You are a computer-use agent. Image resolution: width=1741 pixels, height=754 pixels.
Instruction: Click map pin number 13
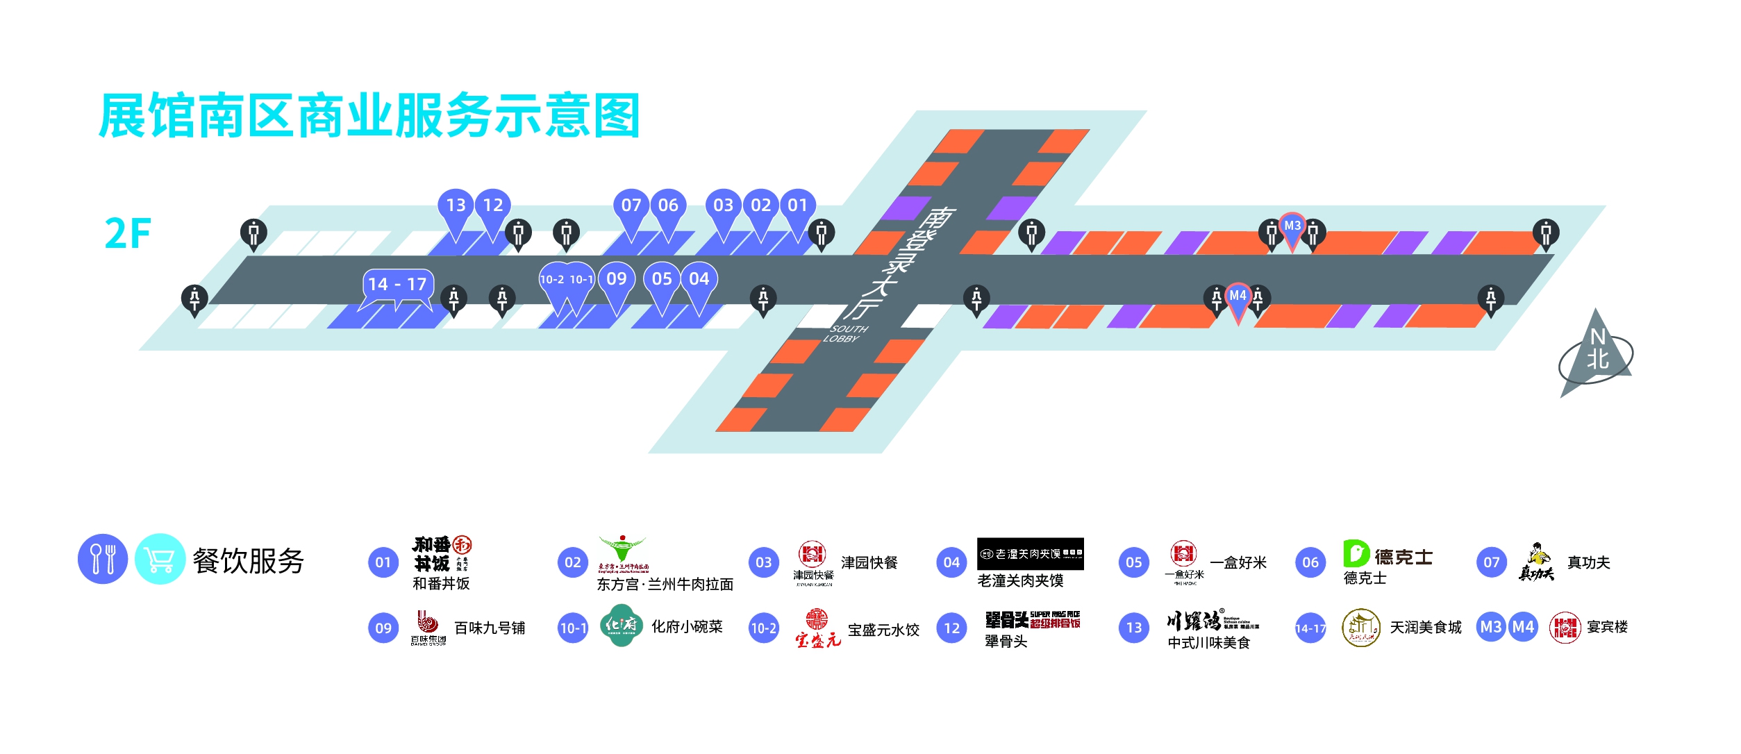click(456, 206)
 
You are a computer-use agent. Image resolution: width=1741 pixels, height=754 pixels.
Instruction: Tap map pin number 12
click(493, 206)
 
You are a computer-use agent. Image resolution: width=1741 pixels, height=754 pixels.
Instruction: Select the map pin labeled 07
click(631, 206)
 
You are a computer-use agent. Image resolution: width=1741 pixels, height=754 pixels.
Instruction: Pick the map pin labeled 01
click(797, 206)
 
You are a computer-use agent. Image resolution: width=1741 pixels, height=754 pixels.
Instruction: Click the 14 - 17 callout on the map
click(398, 285)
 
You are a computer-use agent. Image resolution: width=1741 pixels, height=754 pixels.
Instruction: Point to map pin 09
click(616, 280)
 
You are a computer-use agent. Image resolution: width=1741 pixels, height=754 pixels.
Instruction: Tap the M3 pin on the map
click(1292, 227)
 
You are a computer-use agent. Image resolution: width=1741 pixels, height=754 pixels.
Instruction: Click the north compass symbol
click(1597, 351)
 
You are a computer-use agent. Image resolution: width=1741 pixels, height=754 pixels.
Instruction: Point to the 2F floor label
click(128, 234)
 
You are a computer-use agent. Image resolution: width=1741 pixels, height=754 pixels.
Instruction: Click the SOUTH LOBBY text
click(846, 334)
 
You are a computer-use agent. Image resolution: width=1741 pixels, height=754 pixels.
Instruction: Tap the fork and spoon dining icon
click(103, 559)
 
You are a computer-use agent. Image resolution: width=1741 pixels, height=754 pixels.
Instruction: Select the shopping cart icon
click(160, 559)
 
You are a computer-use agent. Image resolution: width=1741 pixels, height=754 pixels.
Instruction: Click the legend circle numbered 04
click(951, 562)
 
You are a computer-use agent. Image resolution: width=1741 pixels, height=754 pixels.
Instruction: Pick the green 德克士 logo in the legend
click(1355, 554)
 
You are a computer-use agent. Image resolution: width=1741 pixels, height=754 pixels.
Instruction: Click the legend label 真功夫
click(1588, 562)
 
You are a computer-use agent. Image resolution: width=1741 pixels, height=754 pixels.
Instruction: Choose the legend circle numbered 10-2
click(763, 628)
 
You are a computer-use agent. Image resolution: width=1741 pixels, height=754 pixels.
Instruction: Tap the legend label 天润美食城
click(1425, 628)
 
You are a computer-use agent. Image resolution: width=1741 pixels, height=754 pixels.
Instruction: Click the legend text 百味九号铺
click(490, 628)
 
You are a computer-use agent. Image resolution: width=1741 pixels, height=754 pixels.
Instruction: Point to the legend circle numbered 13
click(1133, 628)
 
